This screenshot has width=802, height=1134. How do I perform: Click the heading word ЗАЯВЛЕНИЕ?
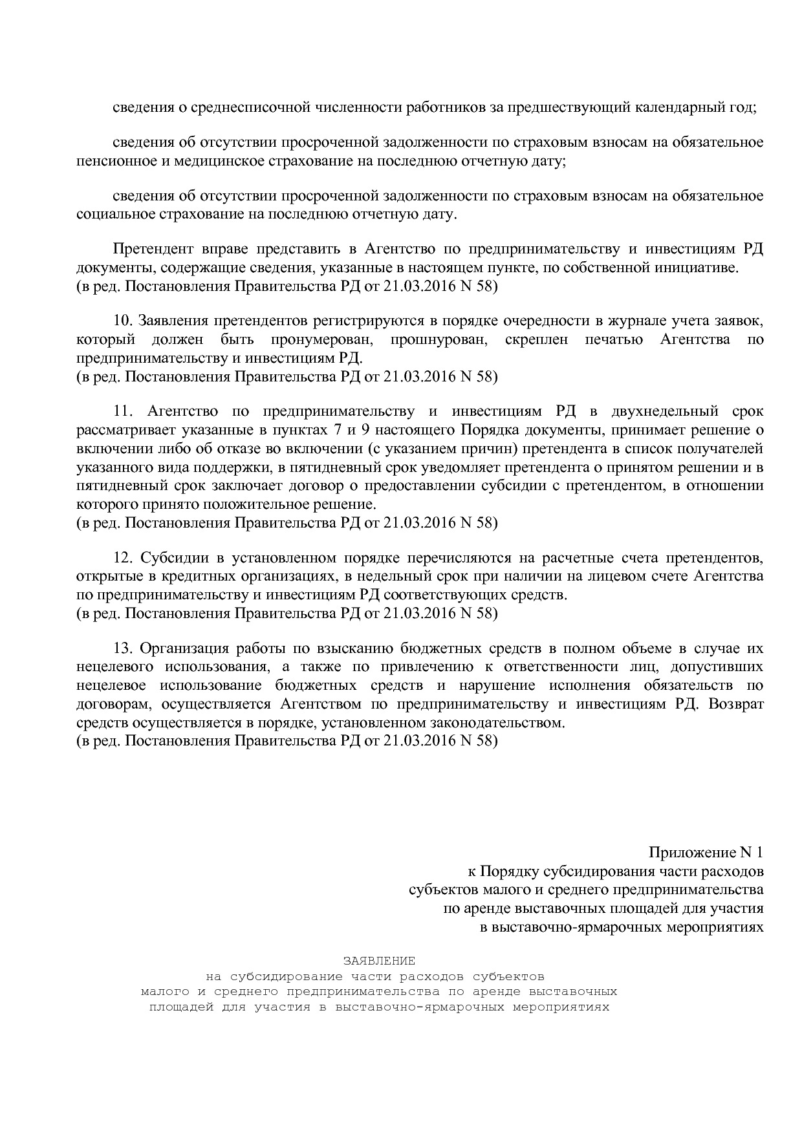tap(379, 961)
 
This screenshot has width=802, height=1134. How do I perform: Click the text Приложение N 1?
tap(706, 853)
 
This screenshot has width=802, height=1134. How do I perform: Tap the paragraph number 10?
tap(123, 321)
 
